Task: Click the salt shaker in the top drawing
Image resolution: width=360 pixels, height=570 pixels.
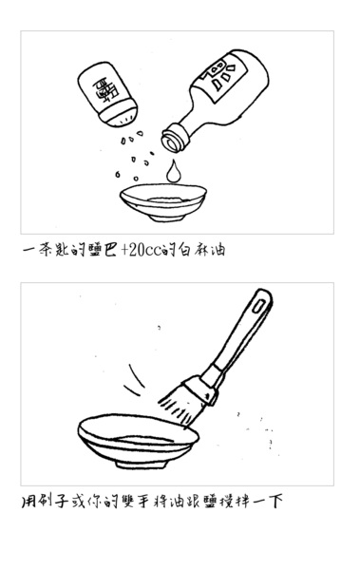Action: (107, 94)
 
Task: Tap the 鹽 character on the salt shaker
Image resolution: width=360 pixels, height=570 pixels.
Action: (104, 90)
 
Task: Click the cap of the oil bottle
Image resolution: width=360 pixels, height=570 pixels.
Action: (175, 138)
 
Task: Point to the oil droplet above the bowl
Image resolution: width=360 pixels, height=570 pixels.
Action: (173, 171)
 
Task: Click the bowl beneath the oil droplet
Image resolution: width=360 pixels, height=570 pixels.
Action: (163, 202)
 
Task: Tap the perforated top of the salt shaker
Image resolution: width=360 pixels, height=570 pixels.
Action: (120, 116)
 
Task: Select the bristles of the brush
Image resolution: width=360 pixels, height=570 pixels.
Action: (179, 407)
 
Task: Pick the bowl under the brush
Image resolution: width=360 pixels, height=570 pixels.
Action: (138, 441)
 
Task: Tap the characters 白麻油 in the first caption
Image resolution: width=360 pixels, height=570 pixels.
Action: (202, 250)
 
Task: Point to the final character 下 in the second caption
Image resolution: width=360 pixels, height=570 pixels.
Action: (275, 502)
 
